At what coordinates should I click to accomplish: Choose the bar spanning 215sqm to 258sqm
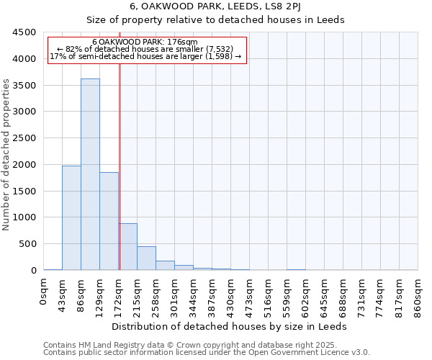(x=146, y=258)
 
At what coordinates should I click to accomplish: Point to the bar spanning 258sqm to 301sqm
(x=165, y=265)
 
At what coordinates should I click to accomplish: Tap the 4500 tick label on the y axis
(x=24, y=32)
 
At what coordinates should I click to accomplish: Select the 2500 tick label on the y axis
(x=24, y=138)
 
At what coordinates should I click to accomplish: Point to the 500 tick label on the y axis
(x=27, y=244)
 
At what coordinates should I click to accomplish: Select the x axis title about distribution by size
(x=230, y=326)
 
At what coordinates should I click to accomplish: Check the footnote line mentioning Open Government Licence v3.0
(x=207, y=352)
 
